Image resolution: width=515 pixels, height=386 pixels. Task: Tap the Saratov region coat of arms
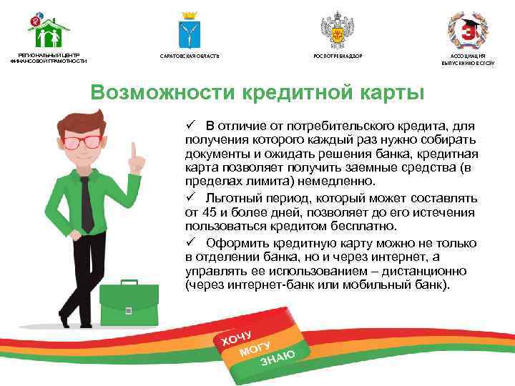coord(190,30)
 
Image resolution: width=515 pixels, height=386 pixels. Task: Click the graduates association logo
coord(468,30)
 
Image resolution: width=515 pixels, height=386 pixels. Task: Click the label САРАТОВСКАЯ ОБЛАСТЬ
coord(190,56)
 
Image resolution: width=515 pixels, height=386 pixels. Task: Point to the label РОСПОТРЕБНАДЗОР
coord(333,56)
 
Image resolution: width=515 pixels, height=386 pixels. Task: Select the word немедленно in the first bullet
coord(333,182)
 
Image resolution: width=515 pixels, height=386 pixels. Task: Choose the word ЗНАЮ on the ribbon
coord(277,355)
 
